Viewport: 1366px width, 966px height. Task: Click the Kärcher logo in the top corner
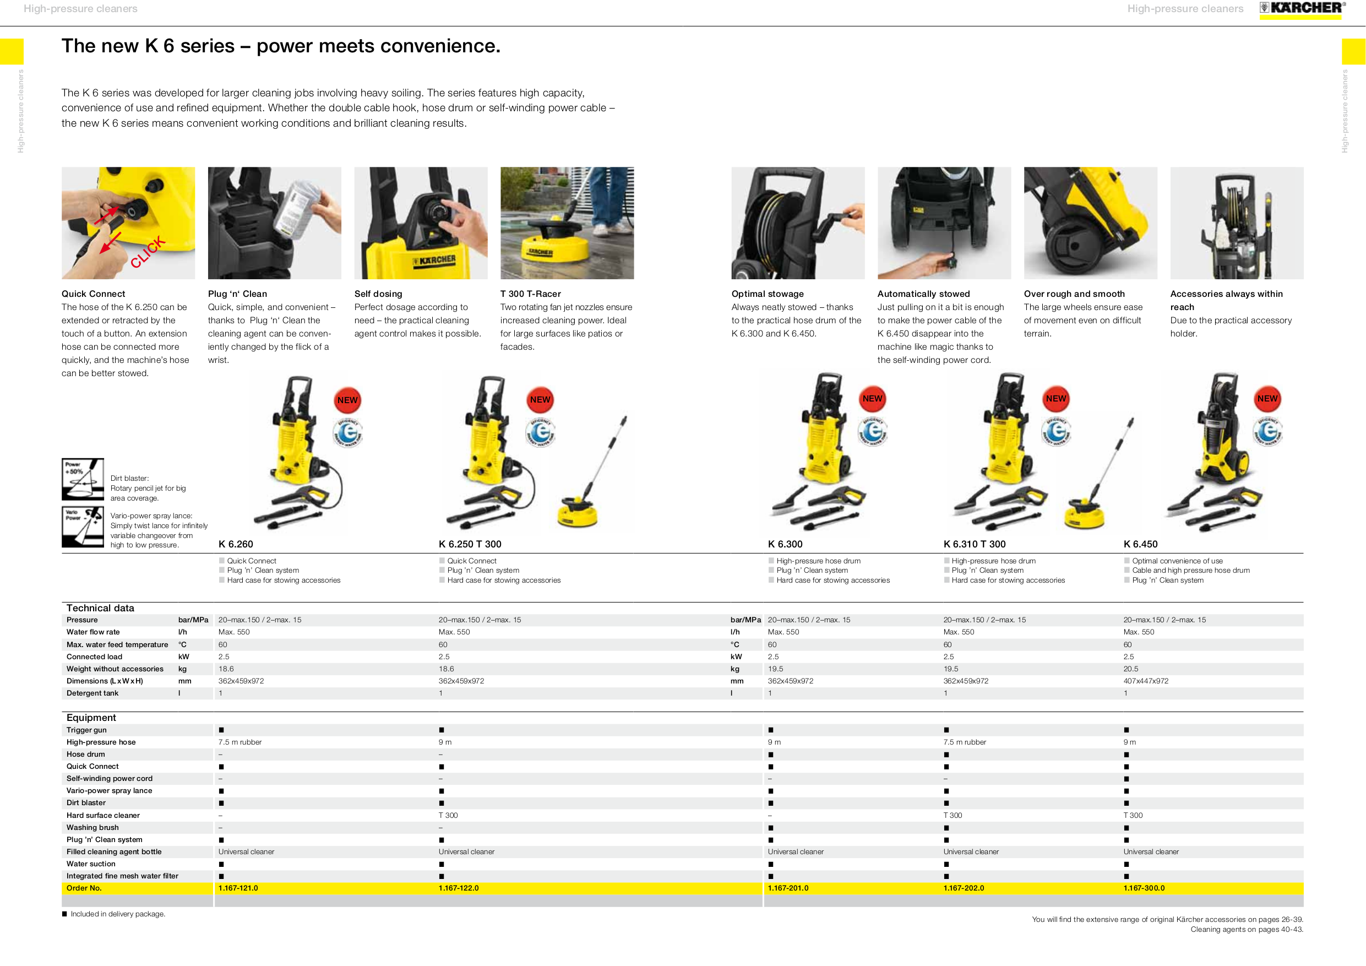1301,8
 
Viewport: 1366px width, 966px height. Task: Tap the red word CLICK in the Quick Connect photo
148,252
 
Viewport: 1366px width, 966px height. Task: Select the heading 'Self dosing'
378,294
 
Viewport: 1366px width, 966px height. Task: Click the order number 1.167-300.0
1144,888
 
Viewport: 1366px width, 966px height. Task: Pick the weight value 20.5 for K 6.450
1130,669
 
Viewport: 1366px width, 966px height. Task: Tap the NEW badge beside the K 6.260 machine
347,400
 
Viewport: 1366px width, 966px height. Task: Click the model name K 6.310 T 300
974,544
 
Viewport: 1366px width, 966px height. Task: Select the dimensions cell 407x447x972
1145,681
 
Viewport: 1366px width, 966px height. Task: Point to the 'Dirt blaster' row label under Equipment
86,803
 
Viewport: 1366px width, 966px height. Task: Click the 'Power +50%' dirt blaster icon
83,479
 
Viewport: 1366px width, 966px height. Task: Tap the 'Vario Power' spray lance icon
83,527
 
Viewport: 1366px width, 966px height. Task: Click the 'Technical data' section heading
100,607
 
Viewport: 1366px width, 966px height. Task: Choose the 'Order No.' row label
84,888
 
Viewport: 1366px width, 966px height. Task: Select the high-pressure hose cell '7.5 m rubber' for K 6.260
240,742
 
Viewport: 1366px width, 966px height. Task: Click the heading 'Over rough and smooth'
1074,294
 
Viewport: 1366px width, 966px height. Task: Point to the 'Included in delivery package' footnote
117,914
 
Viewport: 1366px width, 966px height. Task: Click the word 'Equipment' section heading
91,718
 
